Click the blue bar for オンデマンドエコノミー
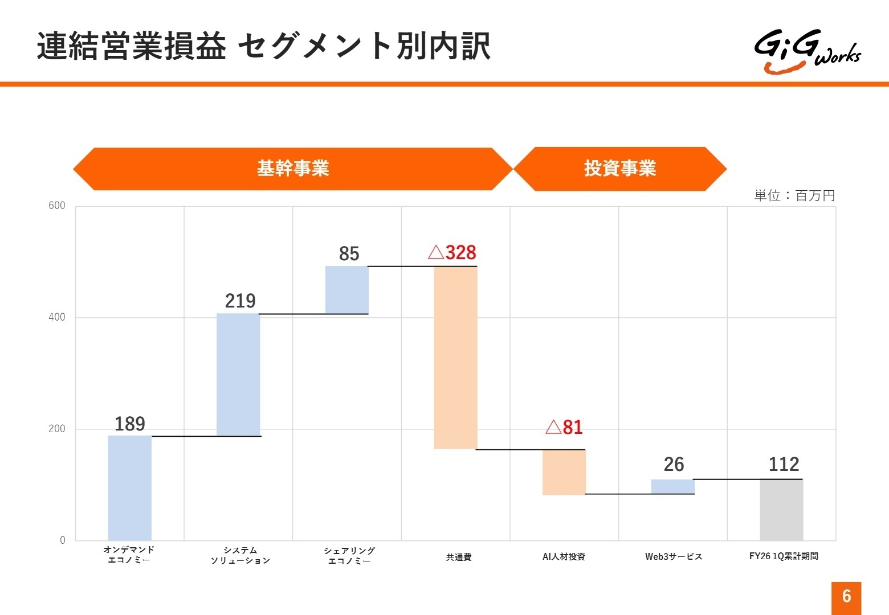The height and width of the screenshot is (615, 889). [130, 487]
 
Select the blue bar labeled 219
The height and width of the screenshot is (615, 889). [238, 375]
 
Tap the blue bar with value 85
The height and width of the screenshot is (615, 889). [347, 290]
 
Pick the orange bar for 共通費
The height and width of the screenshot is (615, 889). [455, 358]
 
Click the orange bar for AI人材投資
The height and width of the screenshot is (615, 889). [564, 472]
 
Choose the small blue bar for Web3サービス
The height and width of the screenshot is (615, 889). [672, 487]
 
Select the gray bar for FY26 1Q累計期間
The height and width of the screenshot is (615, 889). [781, 510]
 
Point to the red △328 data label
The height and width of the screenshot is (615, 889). [452, 252]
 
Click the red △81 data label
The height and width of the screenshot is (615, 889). [564, 427]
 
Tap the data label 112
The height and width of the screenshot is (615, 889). [784, 465]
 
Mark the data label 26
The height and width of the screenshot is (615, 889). [674, 465]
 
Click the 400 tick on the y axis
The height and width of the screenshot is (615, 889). [57, 317]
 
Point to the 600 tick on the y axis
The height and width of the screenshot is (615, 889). [57, 206]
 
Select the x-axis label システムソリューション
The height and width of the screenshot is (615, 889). [240, 555]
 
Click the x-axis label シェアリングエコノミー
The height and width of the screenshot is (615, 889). [349, 555]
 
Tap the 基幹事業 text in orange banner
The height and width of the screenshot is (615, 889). [293, 169]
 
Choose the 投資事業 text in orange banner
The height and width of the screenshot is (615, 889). [620, 169]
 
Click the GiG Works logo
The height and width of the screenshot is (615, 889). [807, 51]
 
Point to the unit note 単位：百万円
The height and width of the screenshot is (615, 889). [794, 195]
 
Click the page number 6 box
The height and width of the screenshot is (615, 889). [846, 597]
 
